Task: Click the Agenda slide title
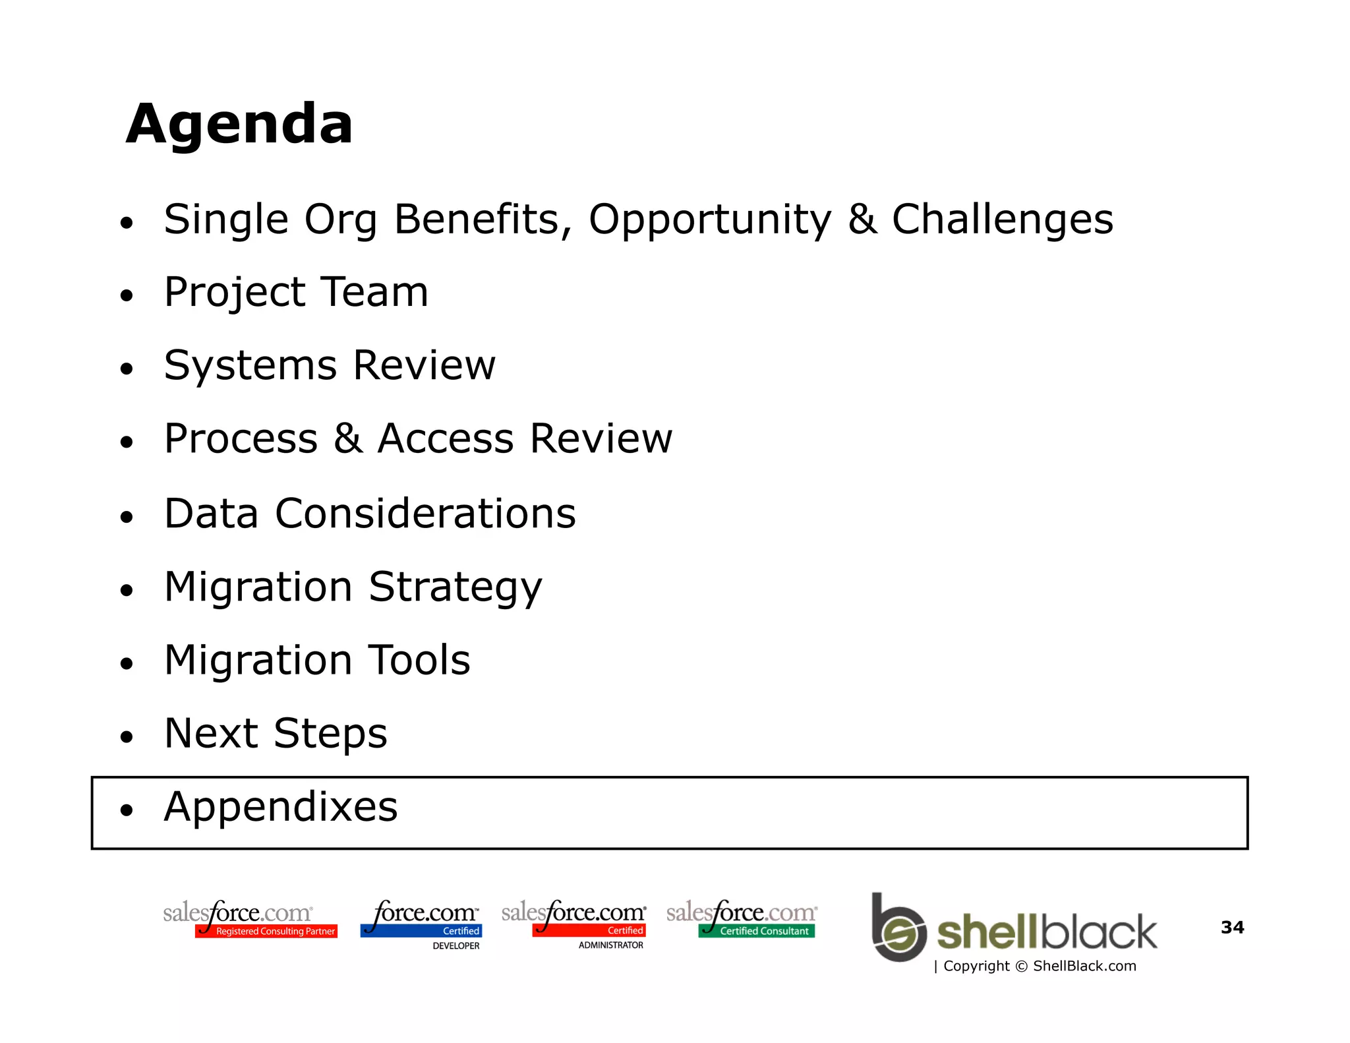[x=239, y=124]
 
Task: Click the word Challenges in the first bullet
[x=1002, y=220]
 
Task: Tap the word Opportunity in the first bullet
[x=710, y=220]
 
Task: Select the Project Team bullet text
[x=296, y=292]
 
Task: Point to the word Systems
[x=250, y=365]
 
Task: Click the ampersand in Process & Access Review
[x=347, y=438]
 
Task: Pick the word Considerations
[x=425, y=513]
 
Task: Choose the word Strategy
[x=455, y=587]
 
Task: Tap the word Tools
[x=419, y=660]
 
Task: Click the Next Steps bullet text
[x=276, y=733]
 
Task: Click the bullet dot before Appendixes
[x=127, y=810]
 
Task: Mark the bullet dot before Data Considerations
[x=127, y=518]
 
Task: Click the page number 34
[x=1232, y=928]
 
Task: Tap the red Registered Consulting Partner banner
[x=266, y=932]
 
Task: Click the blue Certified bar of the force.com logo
[x=421, y=931]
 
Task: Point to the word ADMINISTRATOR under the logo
[x=610, y=945]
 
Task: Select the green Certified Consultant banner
[x=757, y=931]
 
